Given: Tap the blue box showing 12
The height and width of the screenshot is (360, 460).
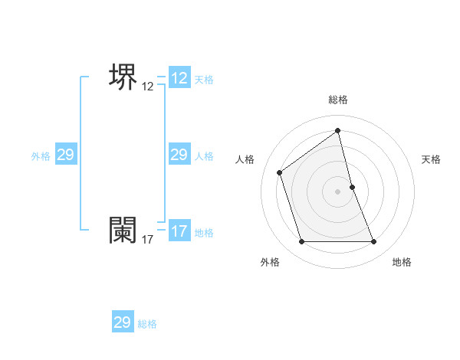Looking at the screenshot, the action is coord(179,78).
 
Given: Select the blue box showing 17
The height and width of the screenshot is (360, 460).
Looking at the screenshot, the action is coord(179,231).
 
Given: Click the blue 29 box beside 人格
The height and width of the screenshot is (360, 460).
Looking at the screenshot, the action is coord(179,155).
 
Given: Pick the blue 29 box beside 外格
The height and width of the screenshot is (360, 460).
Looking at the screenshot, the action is coord(66,155).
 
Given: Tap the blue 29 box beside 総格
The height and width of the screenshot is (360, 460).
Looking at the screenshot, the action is coord(123,322).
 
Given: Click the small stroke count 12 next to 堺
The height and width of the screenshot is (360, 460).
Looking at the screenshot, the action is coord(148,87).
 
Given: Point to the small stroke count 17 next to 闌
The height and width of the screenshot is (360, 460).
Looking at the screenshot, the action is coord(148,240).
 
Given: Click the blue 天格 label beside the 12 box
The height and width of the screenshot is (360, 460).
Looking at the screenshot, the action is coord(204,80).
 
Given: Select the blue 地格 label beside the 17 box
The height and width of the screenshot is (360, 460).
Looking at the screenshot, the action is coord(204,233).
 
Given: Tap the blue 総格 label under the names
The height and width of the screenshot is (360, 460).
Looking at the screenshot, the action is coord(147,324).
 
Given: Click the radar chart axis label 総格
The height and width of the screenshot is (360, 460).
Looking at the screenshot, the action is coord(338,100).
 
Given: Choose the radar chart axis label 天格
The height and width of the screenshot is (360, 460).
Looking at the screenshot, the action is coord(431,159).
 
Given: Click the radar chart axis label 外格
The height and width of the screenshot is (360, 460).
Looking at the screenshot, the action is coord(270,262).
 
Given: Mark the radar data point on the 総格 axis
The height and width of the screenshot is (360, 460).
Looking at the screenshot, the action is coord(338,130).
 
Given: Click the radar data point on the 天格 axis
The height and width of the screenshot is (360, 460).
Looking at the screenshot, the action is coord(352,187).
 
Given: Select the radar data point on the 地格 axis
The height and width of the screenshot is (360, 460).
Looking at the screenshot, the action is coord(374,242).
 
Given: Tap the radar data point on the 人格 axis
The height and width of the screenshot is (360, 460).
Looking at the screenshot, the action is coord(280,172).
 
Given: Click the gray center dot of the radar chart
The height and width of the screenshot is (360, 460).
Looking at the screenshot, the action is coord(338,191).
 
